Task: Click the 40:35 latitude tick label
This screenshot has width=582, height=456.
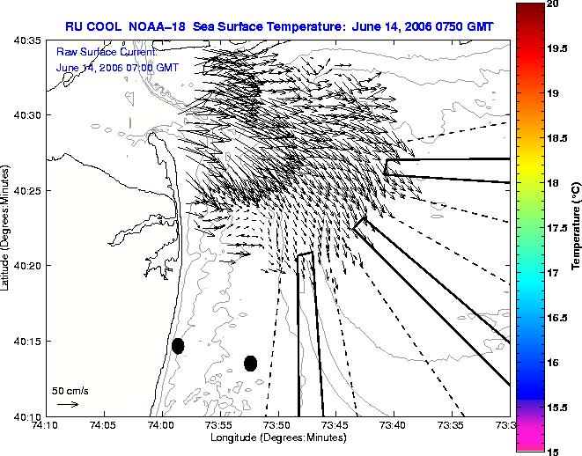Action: tap(27, 40)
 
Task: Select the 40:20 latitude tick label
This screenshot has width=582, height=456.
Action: tap(27, 266)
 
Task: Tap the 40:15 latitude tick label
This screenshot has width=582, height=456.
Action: tap(27, 342)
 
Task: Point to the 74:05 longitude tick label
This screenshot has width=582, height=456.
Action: tap(104, 425)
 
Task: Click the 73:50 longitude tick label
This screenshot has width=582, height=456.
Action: tap(278, 425)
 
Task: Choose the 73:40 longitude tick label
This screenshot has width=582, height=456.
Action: tap(394, 425)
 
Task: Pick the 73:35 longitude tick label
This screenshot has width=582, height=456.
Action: tap(452, 425)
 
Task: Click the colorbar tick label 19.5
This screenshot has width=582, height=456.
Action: tap(557, 48)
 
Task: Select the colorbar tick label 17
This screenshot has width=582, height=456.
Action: tap(553, 273)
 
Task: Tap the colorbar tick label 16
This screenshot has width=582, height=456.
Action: tap(553, 363)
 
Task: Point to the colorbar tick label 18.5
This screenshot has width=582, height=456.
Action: tap(557, 138)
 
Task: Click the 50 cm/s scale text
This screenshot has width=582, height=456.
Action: tap(70, 391)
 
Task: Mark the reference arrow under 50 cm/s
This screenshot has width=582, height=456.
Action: tap(68, 404)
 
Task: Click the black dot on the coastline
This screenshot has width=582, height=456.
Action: tap(178, 346)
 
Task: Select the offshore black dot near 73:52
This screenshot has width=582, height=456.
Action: tap(251, 364)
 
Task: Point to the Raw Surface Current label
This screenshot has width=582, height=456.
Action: tap(107, 52)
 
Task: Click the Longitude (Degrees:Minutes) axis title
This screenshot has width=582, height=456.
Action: tap(278, 438)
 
